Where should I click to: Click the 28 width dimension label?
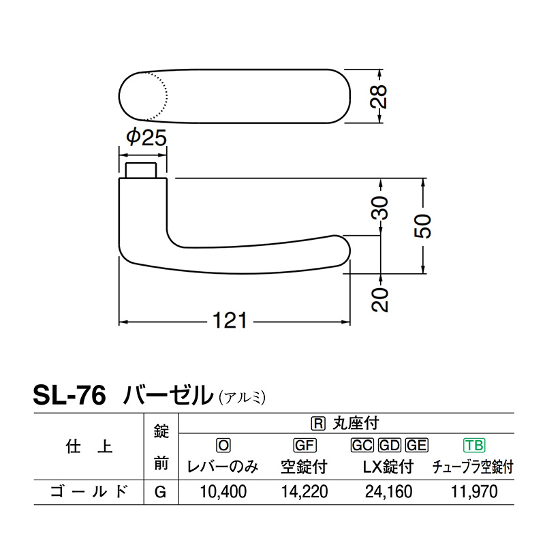point(379,96)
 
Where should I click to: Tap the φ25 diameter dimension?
point(146,138)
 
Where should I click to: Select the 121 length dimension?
point(230,320)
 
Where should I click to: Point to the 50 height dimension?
point(422,226)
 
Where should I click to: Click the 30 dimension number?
point(379,208)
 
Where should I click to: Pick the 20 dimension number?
point(379,300)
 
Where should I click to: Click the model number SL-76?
point(69,396)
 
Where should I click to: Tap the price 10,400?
point(223,492)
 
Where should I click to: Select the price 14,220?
point(304,492)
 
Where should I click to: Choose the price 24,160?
point(388,492)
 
